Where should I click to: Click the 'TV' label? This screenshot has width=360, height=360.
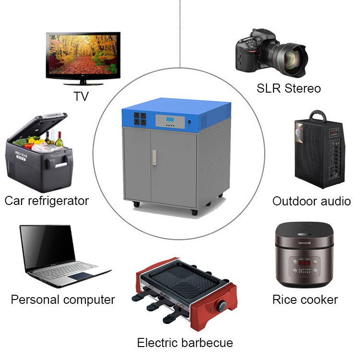(x=81, y=96)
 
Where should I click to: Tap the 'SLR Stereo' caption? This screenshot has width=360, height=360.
(x=288, y=88)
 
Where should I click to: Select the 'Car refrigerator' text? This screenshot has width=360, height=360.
(x=47, y=200)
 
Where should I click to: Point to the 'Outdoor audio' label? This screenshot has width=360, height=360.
(x=312, y=201)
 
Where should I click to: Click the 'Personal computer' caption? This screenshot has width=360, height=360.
(x=63, y=300)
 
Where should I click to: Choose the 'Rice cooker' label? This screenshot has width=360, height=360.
(x=305, y=300)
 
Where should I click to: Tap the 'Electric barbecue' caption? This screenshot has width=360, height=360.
(x=185, y=343)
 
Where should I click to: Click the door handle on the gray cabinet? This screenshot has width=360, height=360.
(x=154, y=158)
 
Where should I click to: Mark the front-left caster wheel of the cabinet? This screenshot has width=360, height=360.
(x=137, y=204)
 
